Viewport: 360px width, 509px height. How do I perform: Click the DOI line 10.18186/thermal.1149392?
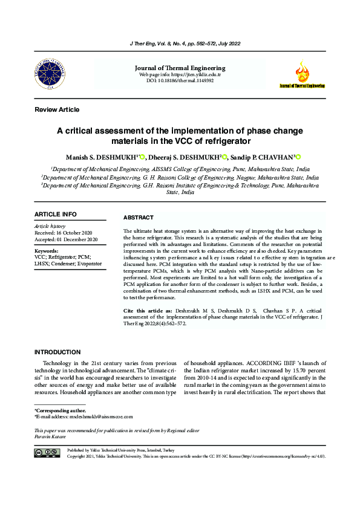(180, 80)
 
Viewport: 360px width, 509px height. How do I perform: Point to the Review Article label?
(57, 109)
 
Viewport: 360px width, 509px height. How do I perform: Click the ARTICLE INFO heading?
(56, 215)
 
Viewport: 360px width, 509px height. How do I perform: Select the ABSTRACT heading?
(139, 218)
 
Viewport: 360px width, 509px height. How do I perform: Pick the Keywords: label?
(47, 250)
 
